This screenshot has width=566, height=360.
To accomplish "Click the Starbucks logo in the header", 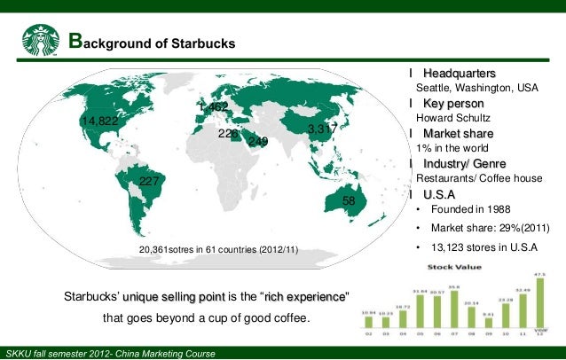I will (x=42, y=39).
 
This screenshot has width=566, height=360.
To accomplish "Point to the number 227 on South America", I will (x=150, y=182).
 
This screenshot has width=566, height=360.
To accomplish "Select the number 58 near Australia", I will (x=349, y=202).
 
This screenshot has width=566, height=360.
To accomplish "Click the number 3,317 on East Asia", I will (x=321, y=129).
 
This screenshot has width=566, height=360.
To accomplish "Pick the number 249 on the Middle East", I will (x=257, y=142).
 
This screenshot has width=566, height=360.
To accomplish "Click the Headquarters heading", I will (x=459, y=73).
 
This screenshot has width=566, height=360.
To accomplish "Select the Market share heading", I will (x=460, y=134).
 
